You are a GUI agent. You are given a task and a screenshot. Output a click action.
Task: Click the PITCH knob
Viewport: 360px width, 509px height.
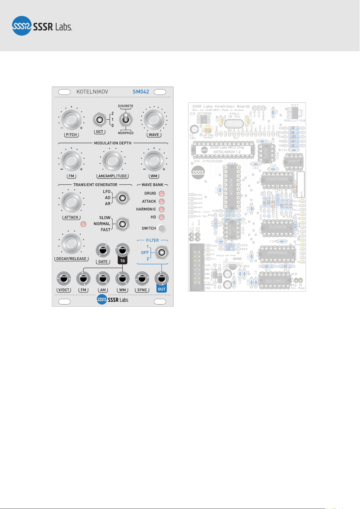tap(71, 120)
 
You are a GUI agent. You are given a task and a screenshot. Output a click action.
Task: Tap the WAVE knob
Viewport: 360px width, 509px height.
tap(154, 120)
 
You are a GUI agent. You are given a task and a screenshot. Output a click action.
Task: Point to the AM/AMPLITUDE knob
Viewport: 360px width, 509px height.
tap(112, 161)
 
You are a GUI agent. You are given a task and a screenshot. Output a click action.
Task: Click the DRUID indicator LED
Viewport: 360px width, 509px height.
tap(162, 194)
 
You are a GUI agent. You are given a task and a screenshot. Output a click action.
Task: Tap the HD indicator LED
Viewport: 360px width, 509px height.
tap(162, 217)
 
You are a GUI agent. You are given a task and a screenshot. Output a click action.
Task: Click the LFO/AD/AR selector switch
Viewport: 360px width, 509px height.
tap(122, 198)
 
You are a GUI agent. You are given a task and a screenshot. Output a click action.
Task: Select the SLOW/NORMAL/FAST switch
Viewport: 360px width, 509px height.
tap(122, 224)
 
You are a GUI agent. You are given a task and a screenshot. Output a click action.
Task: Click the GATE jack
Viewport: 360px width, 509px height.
tap(103, 250)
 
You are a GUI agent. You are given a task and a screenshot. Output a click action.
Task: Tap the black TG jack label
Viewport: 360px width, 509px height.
tap(122, 261)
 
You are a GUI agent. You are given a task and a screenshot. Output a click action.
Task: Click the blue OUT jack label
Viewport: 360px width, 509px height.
tap(162, 289)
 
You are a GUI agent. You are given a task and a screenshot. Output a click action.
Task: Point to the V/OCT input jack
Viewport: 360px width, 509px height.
tap(64, 278)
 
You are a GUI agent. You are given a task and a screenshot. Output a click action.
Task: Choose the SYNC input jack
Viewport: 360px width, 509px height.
tap(142, 278)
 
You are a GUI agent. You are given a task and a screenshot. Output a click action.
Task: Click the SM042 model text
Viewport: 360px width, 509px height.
tap(141, 92)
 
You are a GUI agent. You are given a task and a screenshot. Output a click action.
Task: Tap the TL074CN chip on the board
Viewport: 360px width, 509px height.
tap(277, 227)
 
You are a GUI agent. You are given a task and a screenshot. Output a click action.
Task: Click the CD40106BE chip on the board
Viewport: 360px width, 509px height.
tap(277, 179)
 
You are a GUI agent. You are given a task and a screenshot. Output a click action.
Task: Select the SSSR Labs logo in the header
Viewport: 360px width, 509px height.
tap(42, 26)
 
